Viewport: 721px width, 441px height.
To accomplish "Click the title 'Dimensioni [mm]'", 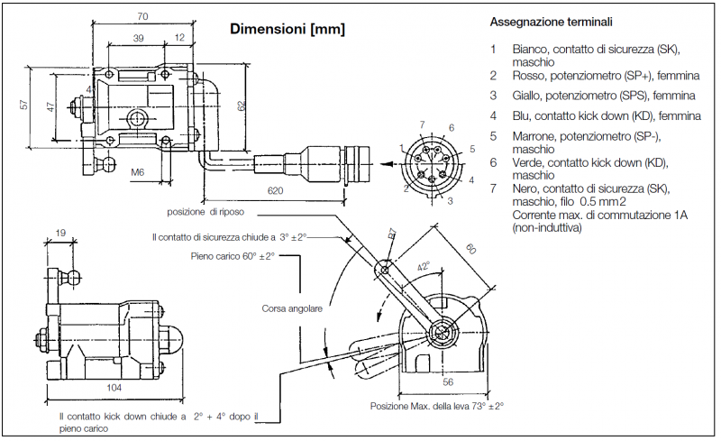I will click(287, 29).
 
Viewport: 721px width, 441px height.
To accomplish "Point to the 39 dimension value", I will click(138, 39).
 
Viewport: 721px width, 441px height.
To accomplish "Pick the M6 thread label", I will click(138, 170).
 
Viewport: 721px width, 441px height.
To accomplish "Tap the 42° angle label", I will click(422, 268).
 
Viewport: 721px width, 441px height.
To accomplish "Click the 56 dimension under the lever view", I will click(448, 382).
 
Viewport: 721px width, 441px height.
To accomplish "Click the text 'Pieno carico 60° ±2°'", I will click(233, 256).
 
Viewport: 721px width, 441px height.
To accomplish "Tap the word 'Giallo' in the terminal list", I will click(529, 95).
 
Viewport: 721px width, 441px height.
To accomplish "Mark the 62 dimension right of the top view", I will click(241, 106).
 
